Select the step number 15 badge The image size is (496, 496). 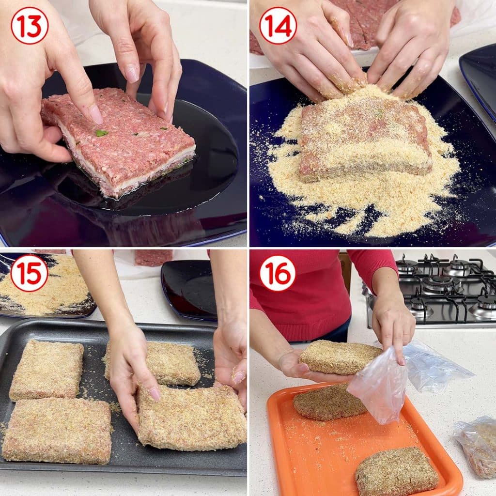(x=30, y=273)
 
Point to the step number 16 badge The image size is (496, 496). (x=278, y=273)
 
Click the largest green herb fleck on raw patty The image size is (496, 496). (x=101, y=133)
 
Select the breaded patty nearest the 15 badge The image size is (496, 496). (x=46, y=371)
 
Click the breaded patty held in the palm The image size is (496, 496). (x=341, y=357)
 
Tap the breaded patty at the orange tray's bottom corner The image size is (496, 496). (x=397, y=472)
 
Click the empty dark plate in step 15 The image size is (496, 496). (x=189, y=290)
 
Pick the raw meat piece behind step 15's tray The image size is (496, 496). (x=154, y=258)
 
